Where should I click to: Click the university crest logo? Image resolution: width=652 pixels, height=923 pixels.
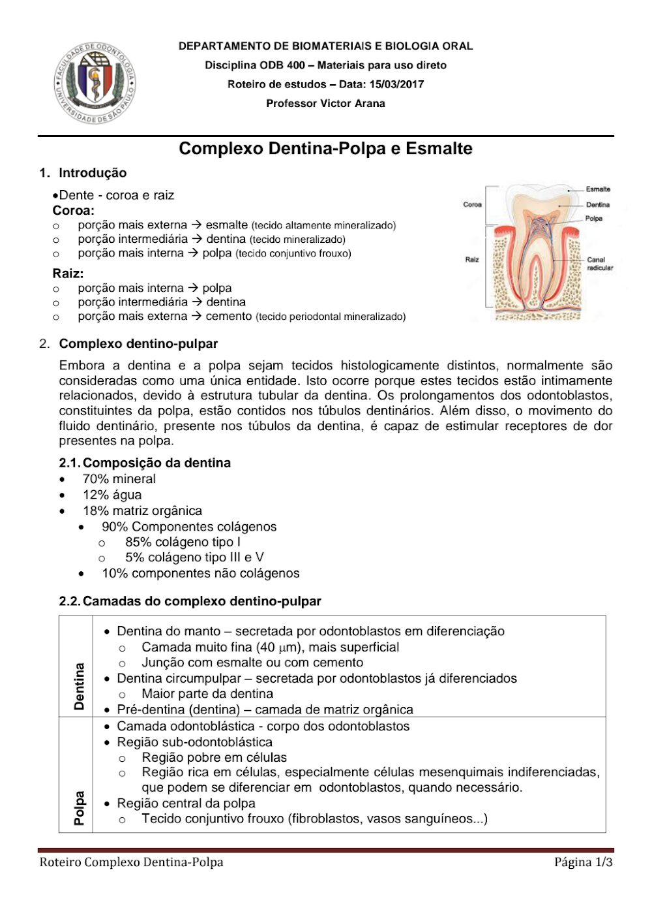pyautogui.click(x=95, y=84)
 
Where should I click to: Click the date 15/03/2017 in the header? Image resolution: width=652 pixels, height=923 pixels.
pyautogui.click(x=396, y=84)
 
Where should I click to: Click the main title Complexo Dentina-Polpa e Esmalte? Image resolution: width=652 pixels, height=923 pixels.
pyautogui.click(x=325, y=148)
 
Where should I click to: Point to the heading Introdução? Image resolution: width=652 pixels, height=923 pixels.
pyautogui.click(x=93, y=173)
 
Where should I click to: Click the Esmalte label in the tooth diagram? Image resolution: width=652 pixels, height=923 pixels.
pyautogui.click(x=597, y=189)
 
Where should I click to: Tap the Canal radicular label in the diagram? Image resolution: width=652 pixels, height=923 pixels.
pyautogui.click(x=599, y=264)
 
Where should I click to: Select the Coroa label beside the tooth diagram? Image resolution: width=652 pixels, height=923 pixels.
pyautogui.click(x=472, y=204)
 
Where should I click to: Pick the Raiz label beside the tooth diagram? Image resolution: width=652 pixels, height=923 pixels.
pyautogui.click(x=472, y=259)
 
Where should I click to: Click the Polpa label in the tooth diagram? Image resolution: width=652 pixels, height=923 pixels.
pyautogui.click(x=593, y=219)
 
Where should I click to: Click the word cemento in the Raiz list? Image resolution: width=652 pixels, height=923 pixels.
pyautogui.click(x=228, y=316)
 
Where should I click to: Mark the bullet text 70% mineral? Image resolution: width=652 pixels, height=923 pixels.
pyautogui.click(x=119, y=478)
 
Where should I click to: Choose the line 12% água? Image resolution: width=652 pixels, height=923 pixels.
pyautogui.click(x=112, y=495)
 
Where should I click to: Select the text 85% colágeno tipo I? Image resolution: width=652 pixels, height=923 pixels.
pyautogui.click(x=183, y=542)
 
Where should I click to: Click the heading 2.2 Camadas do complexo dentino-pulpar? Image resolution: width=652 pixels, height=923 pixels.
pyautogui.click(x=190, y=601)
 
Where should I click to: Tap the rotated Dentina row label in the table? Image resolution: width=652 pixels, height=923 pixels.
pyautogui.click(x=79, y=686)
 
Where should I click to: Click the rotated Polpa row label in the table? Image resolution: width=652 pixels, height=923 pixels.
pyautogui.click(x=79, y=808)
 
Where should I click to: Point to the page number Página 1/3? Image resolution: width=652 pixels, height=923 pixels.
pyautogui.click(x=583, y=862)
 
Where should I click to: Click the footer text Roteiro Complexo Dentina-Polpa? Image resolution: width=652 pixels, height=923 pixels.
pyautogui.click(x=131, y=862)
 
